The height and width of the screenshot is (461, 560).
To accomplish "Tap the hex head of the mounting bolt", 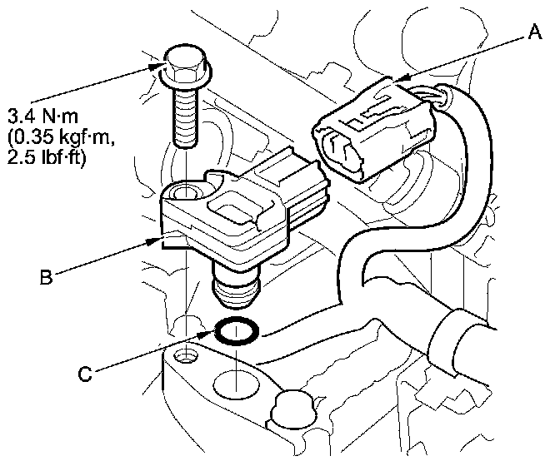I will (182, 63).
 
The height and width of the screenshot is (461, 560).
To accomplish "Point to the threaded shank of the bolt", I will (185, 116).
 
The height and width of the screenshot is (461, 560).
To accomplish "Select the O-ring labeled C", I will (237, 332).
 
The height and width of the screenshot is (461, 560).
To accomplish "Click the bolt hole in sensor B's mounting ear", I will (183, 195).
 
